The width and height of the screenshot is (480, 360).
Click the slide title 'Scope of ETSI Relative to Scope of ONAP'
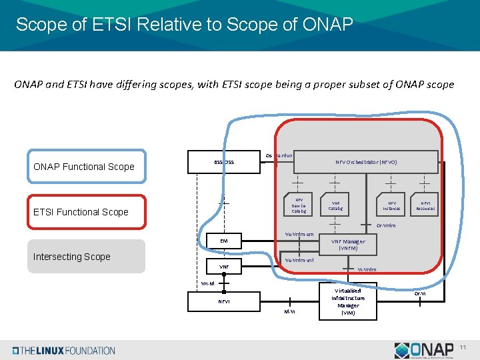coord(184,25)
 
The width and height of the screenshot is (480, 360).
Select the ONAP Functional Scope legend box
coord(86,167)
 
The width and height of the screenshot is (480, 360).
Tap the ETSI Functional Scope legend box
coord(86,212)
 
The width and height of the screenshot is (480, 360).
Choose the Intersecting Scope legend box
coord(86,257)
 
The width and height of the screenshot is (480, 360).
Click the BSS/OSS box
coord(224,162)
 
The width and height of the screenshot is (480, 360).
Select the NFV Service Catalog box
coord(299,205)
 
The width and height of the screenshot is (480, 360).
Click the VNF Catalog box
coord(335,205)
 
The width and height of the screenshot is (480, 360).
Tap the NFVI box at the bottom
coord(224,301)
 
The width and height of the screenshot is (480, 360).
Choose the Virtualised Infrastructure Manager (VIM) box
coord(347,301)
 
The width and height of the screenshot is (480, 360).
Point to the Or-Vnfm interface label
coord(386,225)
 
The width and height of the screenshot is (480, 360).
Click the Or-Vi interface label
coord(420,293)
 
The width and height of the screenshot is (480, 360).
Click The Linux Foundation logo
coord(64,350)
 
